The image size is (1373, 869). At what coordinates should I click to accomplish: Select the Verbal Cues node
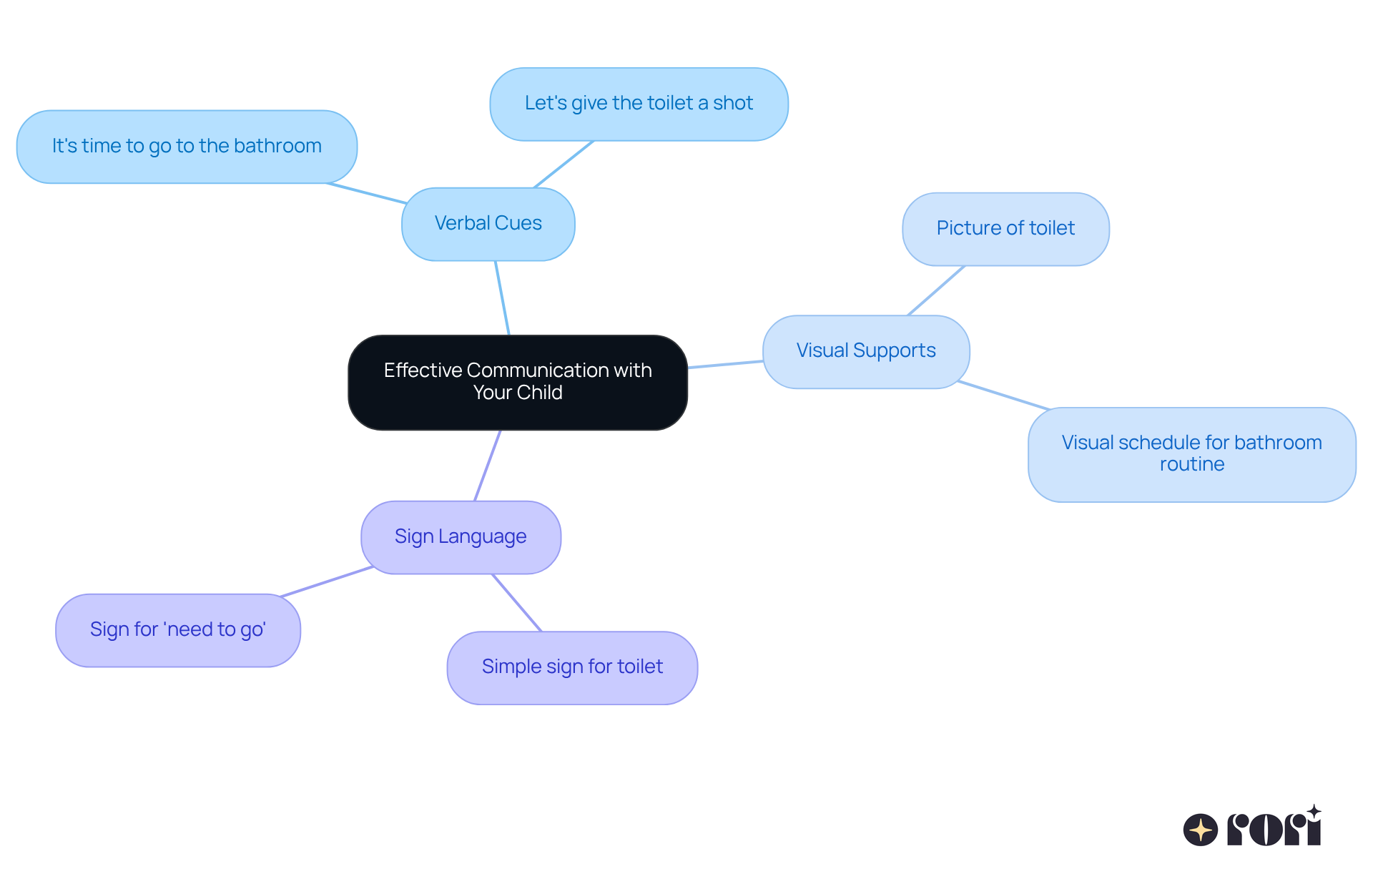[x=488, y=224]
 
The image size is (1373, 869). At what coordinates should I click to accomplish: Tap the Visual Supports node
[x=865, y=351]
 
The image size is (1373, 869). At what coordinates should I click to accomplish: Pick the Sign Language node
[x=461, y=537]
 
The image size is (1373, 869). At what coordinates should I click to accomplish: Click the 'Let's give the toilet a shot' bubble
[x=639, y=104]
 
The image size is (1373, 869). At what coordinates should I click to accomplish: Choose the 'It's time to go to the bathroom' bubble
[x=187, y=147]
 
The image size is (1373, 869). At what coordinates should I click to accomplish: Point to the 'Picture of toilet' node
[x=1005, y=229]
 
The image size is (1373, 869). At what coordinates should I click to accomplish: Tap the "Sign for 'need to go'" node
[x=177, y=630]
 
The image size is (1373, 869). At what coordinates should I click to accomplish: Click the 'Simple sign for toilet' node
[x=572, y=667]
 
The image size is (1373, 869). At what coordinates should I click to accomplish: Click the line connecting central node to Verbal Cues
[x=502, y=298]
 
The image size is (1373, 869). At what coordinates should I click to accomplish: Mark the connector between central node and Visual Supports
[x=725, y=365]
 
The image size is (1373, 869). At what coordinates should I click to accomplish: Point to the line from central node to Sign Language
[x=488, y=465]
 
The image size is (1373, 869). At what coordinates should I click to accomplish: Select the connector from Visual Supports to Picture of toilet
[x=936, y=290]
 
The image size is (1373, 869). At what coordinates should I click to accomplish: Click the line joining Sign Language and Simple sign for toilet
[x=516, y=602]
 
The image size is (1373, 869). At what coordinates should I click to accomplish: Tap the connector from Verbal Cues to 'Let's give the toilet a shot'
[x=564, y=165]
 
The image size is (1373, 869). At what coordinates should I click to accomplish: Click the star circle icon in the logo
[x=1200, y=830]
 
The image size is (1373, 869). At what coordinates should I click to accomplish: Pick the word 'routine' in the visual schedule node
[x=1191, y=465]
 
